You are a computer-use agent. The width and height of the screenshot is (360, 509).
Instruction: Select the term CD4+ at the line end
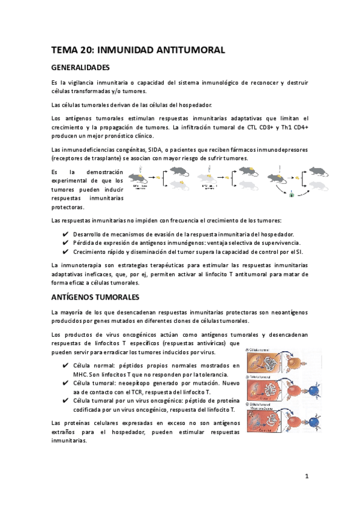point(298,127)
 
